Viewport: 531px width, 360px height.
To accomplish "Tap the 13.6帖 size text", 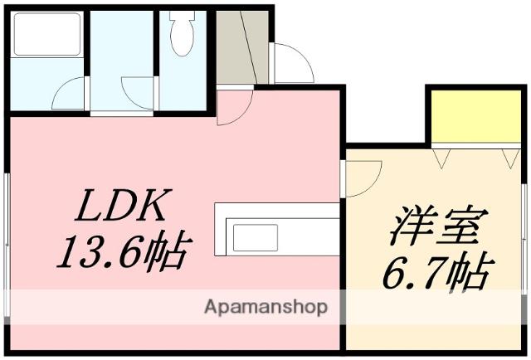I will click(x=124, y=251).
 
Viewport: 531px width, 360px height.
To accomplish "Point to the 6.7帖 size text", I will click(x=437, y=270).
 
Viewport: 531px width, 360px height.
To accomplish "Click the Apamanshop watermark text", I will click(x=265, y=307).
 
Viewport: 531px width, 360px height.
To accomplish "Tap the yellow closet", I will click(x=474, y=117).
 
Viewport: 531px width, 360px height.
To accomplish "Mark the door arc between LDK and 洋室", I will click(x=363, y=176).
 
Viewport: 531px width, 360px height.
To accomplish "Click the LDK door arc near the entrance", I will click(x=235, y=108).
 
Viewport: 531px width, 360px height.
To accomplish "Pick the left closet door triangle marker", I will click(x=439, y=156).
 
